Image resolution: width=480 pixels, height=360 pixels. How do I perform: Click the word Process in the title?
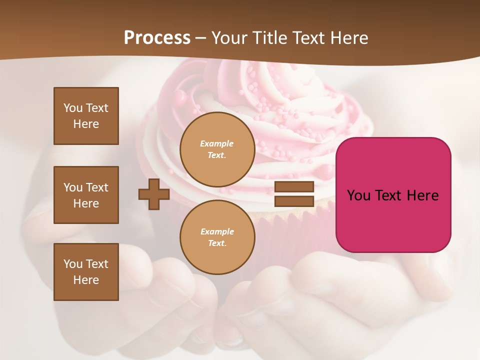click(x=157, y=38)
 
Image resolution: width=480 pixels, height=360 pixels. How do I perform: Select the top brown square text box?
click(x=86, y=116)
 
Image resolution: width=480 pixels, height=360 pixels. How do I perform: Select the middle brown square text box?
click(x=86, y=195)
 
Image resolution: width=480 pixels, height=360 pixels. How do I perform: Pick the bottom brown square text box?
click(x=86, y=272)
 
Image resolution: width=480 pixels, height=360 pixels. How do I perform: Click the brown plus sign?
click(x=154, y=194)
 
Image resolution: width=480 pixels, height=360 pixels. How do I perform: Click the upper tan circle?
click(x=217, y=149)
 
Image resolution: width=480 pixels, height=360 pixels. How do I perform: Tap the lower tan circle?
click(x=217, y=237)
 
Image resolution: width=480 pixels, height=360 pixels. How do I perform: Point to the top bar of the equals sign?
click(x=294, y=187)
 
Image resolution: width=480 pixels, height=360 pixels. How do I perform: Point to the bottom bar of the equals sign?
click(x=294, y=201)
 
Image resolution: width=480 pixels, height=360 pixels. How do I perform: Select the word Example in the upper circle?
click(x=217, y=143)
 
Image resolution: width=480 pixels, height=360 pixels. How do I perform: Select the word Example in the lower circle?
click(x=217, y=231)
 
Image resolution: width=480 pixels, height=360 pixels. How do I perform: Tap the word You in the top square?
click(x=73, y=108)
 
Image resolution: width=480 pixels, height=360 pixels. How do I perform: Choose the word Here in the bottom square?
click(x=86, y=280)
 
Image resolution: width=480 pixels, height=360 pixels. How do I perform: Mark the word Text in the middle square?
click(x=96, y=187)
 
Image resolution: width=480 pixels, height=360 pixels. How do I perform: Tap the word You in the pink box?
click(x=358, y=195)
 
